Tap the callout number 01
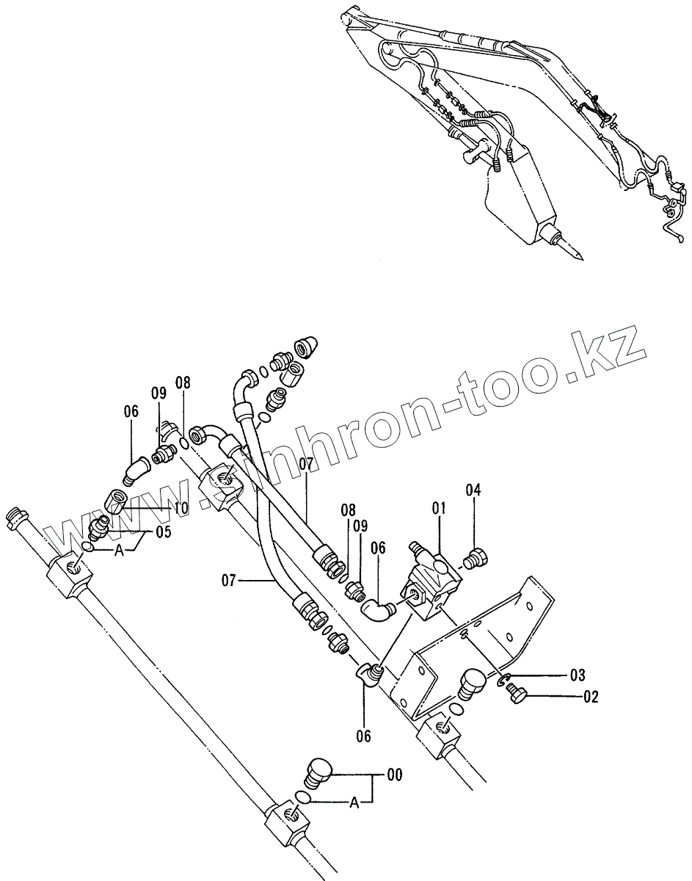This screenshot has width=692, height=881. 439,507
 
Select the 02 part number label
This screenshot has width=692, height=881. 591,697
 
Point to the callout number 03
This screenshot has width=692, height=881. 578,674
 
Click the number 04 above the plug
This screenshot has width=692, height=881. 473,490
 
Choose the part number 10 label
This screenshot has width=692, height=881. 181,508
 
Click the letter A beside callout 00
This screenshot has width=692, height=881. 354,803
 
